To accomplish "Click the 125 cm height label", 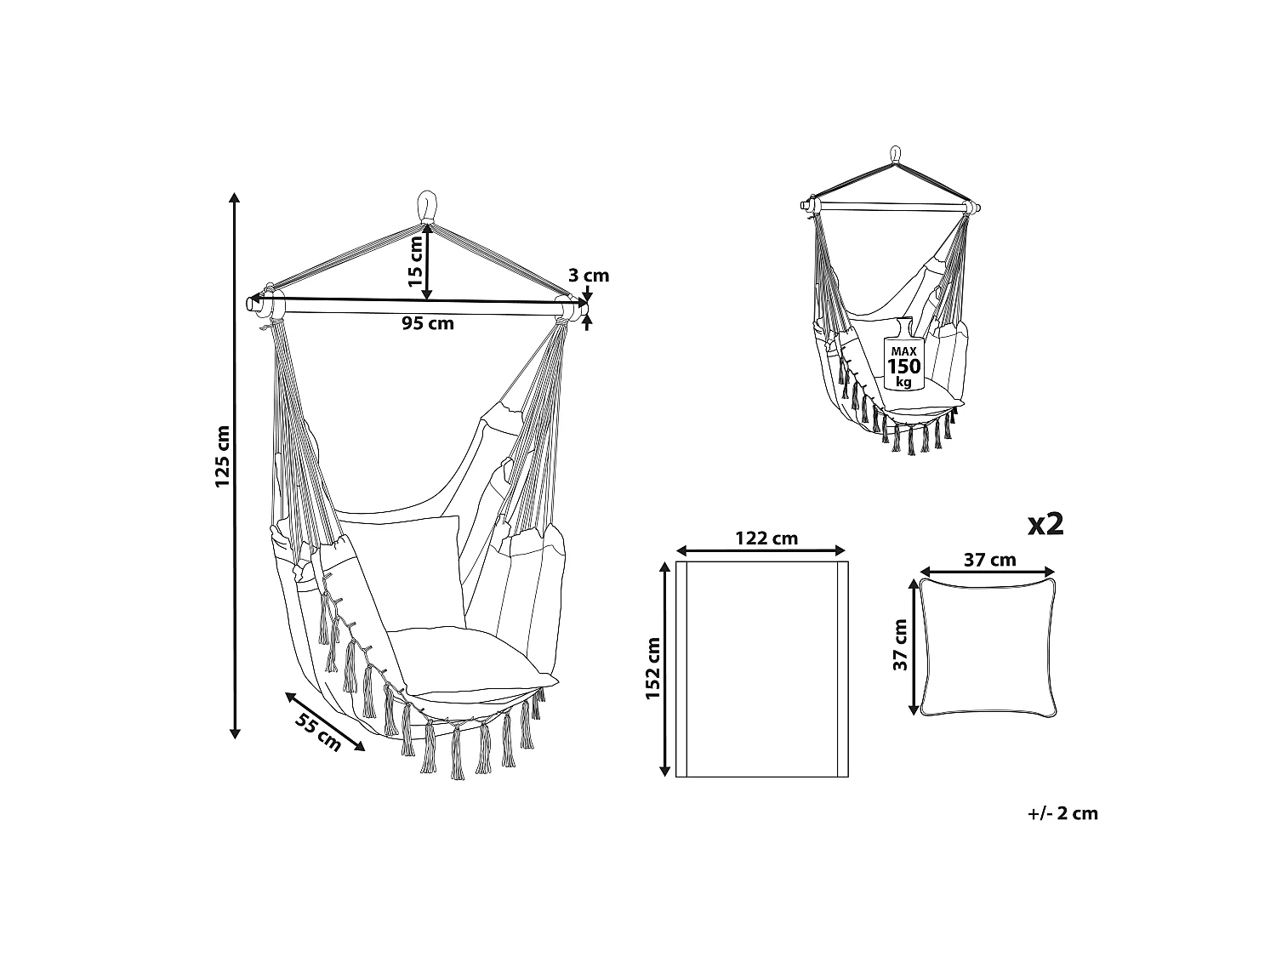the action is (222, 456).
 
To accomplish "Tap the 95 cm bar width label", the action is (427, 323).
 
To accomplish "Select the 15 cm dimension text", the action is (415, 261).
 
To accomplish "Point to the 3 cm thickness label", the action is (589, 276).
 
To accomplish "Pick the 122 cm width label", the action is (766, 538).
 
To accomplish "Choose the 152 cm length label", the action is (652, 669).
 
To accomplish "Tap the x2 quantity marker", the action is (1045, 524).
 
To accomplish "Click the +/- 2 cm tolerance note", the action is (1062, 813).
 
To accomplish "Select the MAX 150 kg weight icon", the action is (903, 356).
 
